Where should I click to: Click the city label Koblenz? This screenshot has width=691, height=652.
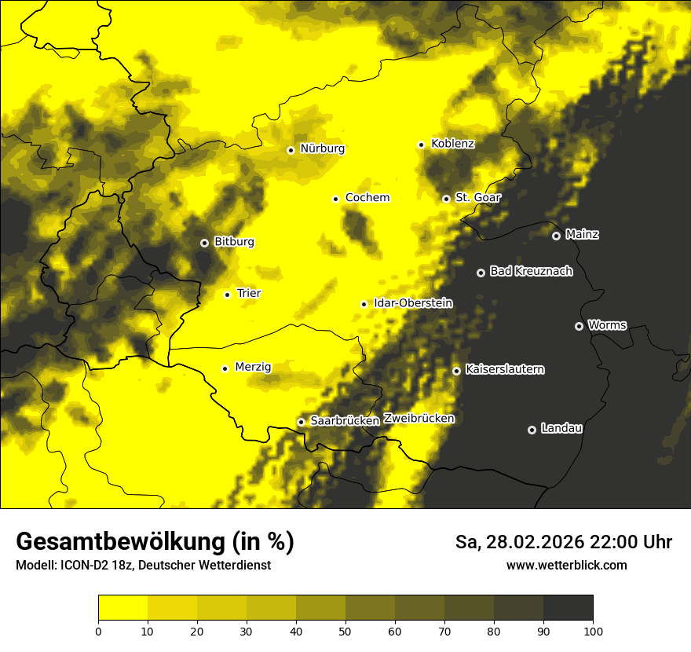coord(452,144)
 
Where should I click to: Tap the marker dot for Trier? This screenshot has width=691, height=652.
coord(228,295)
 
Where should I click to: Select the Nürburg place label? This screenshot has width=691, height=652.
coord(322,148)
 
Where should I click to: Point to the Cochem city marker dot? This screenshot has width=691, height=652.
coord(335,199)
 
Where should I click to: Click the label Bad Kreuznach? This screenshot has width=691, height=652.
coord(531,271)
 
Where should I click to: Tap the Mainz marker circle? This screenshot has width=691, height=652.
coord(556,236)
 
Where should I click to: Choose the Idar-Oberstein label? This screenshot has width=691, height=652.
coord(413,302)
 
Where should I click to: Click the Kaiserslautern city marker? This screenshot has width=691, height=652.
coord(456,371)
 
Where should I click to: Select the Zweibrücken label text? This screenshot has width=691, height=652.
coord(419,418)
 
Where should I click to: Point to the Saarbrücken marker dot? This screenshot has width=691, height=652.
coord(301,422)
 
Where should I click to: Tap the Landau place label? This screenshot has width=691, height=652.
coord(561,428)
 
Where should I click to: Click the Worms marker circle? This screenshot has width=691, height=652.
coord(579,326)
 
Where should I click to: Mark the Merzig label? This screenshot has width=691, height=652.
coord(253,367)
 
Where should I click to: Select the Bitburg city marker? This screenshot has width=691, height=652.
coord(204,243)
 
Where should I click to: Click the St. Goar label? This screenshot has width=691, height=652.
coord(477,197)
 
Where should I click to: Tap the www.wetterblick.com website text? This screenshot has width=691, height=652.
coord(567,565)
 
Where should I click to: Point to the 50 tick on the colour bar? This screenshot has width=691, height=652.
coord(345,631)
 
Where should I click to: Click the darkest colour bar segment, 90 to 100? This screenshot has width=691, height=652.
coord(568,607)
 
